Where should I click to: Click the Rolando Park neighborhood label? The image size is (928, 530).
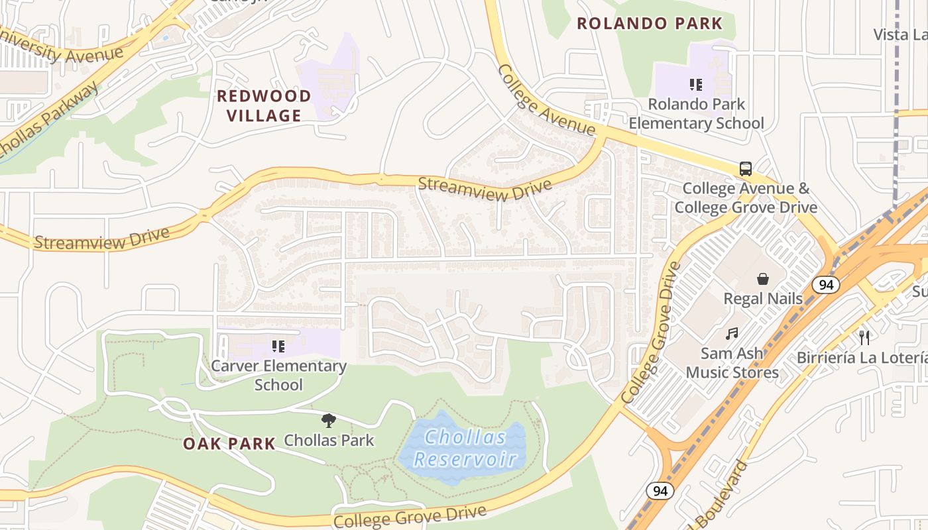click(649, 24)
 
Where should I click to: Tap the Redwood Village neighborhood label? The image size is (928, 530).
click(264, 105)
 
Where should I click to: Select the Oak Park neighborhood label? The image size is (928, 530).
click(229, 444)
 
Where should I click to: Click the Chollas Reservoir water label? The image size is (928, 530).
click(465, 448)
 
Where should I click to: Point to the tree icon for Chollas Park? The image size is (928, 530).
click(328, 420)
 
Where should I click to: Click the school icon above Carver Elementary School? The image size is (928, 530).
click(278, 346)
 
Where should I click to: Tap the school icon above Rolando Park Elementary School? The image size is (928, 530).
click(695, 85)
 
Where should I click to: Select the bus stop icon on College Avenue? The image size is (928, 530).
click(746, 168)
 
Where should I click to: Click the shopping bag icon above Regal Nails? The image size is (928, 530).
click(763, 279)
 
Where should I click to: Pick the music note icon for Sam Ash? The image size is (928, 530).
click(732, 334)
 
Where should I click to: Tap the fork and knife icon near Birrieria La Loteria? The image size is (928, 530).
click(864, 338)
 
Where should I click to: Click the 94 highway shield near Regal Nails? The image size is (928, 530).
click(826, 285)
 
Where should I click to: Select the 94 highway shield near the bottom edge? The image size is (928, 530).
click(660, 491)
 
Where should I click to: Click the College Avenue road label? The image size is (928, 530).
click(546, 100)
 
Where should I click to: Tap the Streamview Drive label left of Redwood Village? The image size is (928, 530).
click(101, 238)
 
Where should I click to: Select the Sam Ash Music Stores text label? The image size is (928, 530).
click(732, 363)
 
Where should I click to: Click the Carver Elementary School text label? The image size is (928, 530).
click(278, 375)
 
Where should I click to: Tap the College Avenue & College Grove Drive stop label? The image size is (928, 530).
click(746, 197)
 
